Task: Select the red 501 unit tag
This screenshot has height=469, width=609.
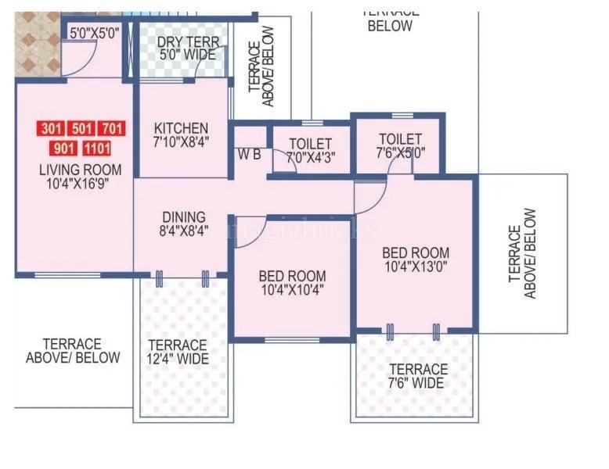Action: tap(81, 128)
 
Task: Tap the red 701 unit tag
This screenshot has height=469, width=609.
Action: tap(112, 128)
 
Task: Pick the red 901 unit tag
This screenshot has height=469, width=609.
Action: tap(63, 148)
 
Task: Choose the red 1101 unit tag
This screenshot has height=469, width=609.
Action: tap(96, 148)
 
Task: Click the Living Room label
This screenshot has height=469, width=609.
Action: tap(81, 170)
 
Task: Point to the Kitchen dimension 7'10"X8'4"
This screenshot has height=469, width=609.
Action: tap(181, 143)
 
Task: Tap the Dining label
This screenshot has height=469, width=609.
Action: tap(184, 217)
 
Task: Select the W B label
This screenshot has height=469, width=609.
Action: tap(250, 155)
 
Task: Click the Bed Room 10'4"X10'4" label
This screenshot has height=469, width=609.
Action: tap(292, 283)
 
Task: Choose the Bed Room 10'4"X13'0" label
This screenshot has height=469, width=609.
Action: tap(416, 260)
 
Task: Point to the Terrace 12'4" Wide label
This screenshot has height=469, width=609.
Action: tap(178, 352)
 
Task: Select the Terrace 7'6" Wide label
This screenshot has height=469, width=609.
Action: tap(417, 376)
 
